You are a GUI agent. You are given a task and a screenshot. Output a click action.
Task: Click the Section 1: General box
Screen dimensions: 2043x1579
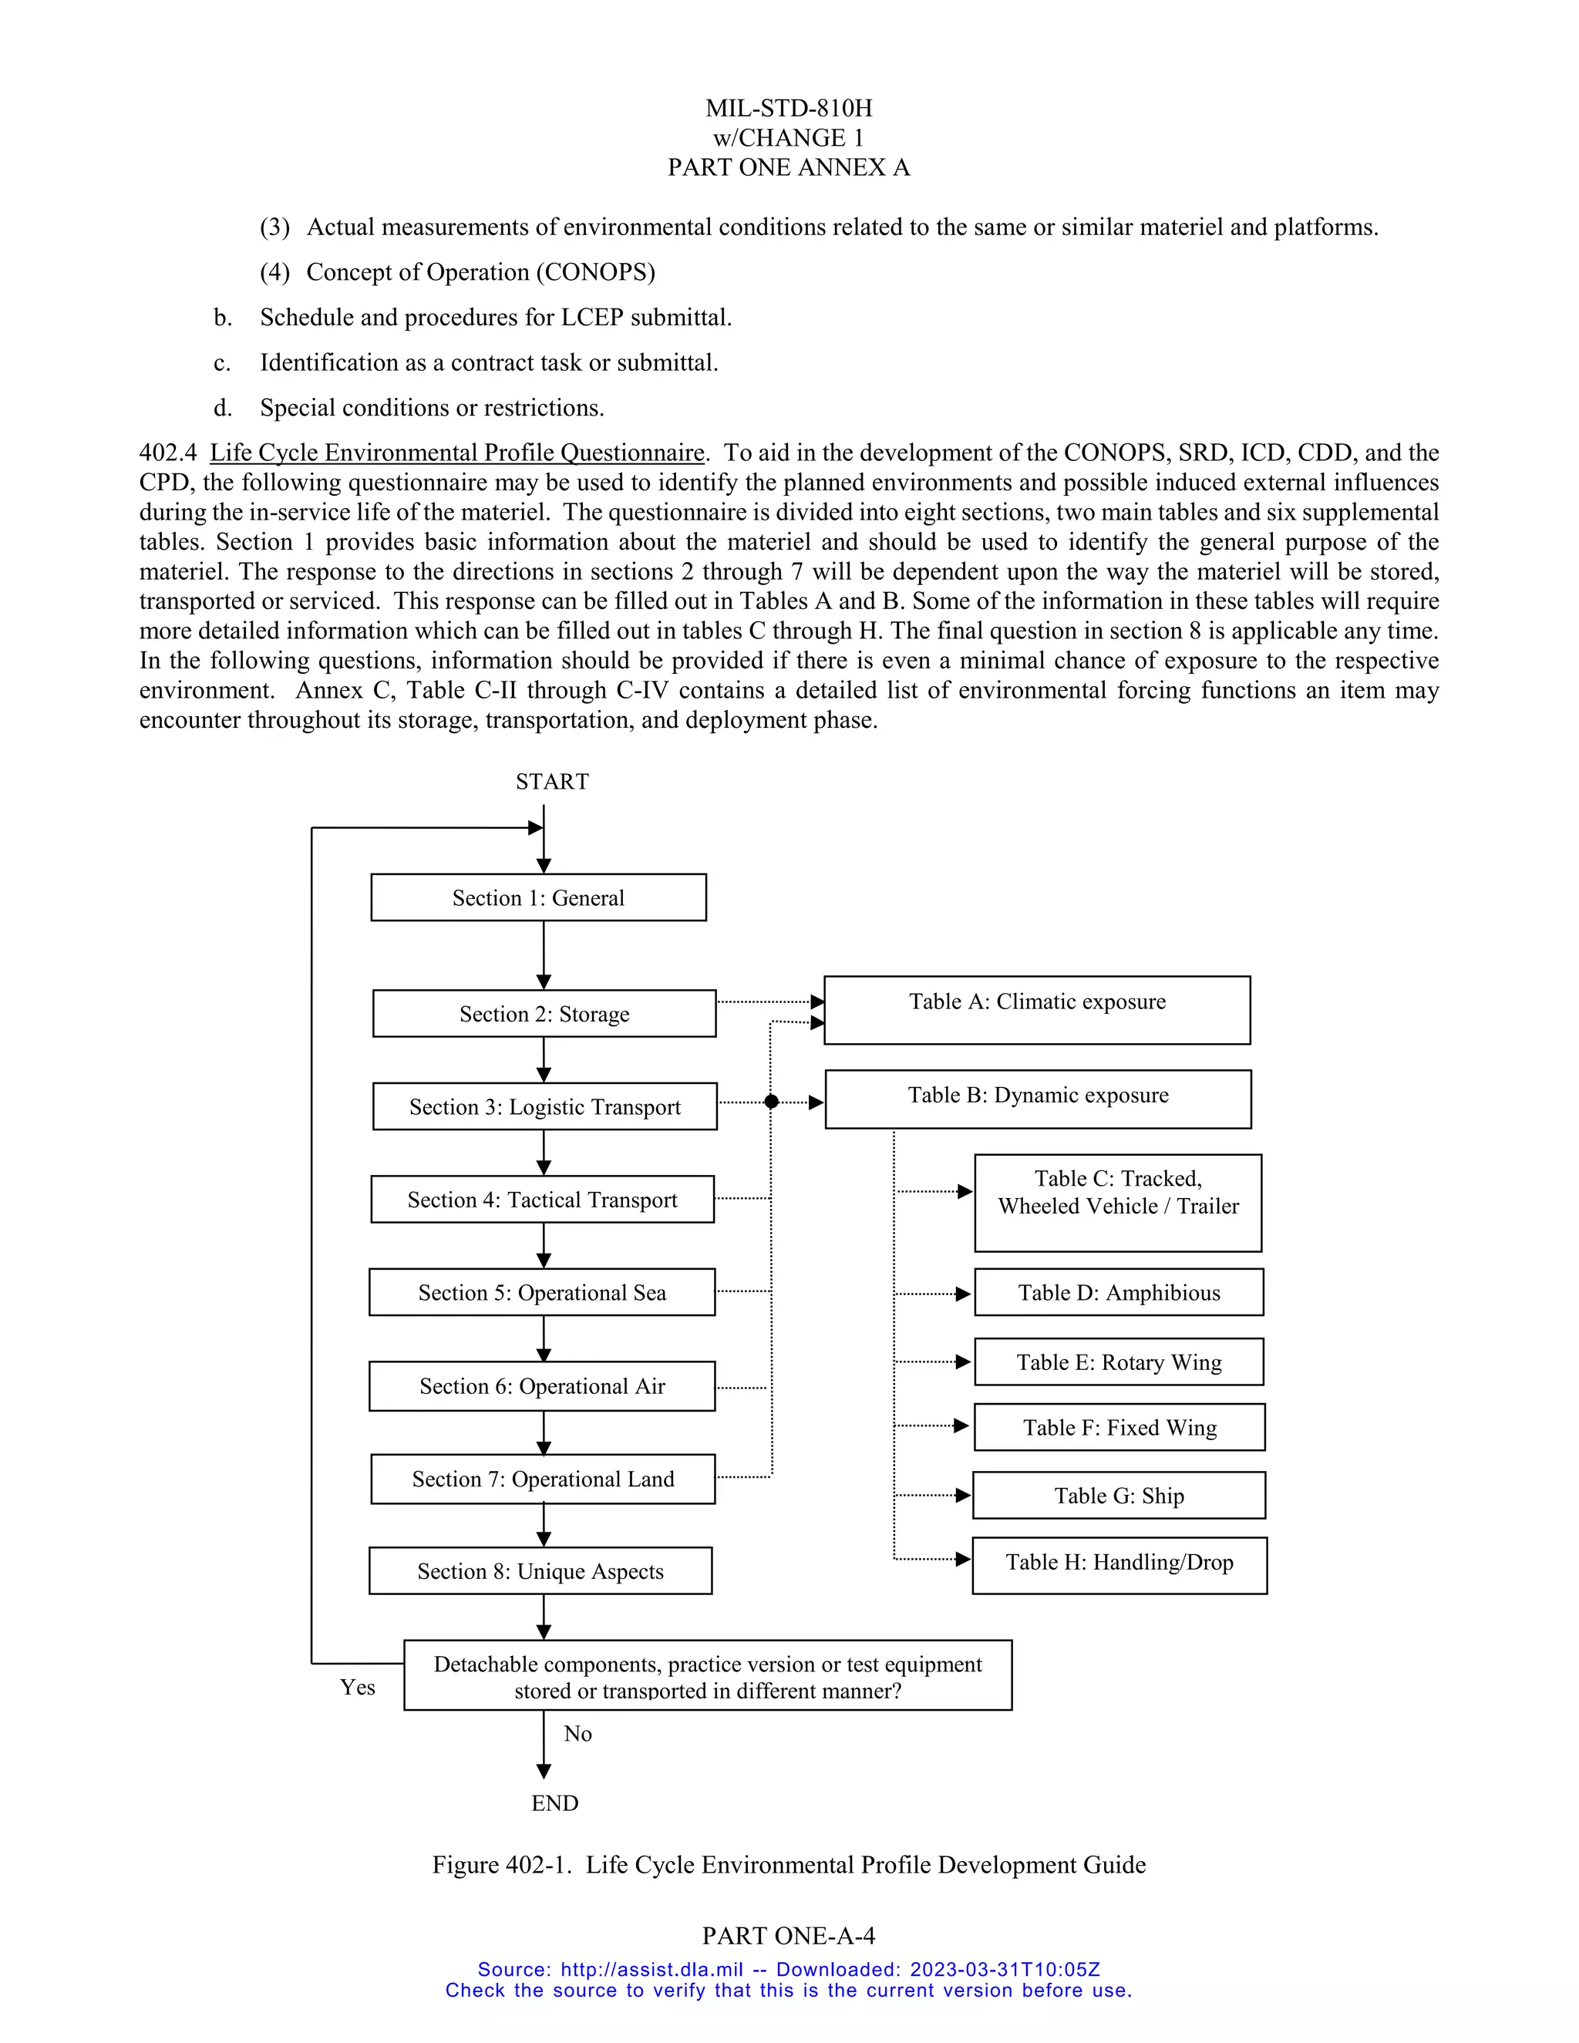(538, 897)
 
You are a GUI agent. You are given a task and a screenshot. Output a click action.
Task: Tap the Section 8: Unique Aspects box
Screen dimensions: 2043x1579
(540, 1570)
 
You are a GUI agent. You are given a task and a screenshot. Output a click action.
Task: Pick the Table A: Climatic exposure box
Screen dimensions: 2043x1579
(1036, 1010)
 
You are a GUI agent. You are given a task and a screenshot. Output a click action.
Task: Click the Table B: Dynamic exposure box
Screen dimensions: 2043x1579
(1038, 1099)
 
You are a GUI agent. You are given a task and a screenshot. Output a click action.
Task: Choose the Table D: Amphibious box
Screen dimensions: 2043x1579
(1118, 1293)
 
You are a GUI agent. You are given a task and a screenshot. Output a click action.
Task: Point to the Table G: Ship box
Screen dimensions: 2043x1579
(1118, 1496)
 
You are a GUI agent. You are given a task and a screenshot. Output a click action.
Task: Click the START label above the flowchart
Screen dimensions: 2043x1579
(552, 782)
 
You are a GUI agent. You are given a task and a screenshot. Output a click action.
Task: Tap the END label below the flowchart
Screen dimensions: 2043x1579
(554, 1802)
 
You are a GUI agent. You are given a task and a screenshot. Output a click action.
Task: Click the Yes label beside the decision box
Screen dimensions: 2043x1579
(357, 1688)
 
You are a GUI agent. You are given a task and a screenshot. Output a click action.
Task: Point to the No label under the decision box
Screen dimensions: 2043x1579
(577, 1733)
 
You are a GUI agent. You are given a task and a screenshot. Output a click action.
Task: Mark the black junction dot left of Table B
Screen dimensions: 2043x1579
(772, 1102)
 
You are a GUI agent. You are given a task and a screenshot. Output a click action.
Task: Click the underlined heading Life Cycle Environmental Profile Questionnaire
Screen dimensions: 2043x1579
(456, 453)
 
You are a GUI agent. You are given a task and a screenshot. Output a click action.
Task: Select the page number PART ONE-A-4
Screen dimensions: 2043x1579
(789, 1934)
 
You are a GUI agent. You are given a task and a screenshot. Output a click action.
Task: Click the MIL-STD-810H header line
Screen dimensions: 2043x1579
(789, 109)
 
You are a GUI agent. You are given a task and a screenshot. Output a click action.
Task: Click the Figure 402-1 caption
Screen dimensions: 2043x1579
(789, 1864)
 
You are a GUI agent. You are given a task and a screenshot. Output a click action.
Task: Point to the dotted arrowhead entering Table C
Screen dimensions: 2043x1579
(965, 1192)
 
